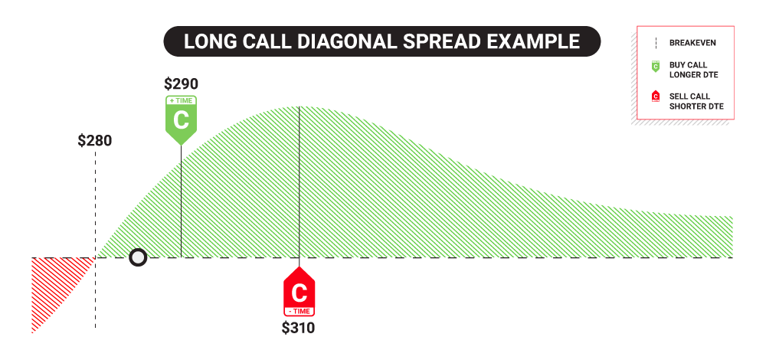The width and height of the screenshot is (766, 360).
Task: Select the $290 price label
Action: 181,83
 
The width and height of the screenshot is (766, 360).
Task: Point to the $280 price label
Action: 95,141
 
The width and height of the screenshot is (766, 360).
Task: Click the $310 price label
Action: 298,328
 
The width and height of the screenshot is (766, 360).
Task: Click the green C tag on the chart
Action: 181,120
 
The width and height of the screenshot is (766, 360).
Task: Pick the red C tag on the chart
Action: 300,292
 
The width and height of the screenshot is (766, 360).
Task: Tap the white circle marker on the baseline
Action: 138,257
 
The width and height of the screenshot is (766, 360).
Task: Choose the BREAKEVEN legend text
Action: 692,43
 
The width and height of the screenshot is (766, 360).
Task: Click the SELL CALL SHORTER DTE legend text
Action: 696,101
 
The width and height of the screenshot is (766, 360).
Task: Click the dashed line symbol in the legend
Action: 655,43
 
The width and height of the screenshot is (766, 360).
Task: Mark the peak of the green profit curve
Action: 300,106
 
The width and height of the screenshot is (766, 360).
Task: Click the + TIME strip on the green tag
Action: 181,100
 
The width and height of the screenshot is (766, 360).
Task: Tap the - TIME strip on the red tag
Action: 300,311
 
